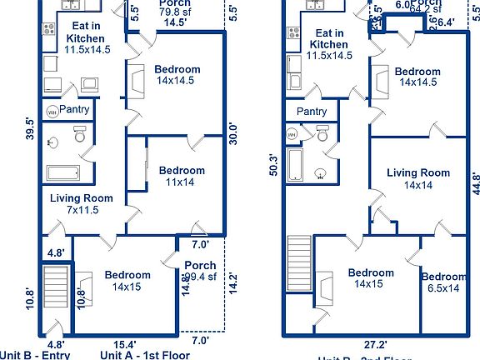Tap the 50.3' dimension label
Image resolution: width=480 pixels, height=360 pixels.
point(273,162)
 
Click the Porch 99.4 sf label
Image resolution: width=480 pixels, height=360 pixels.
point(199,271)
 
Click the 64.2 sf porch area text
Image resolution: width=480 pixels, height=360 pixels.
point(422,12)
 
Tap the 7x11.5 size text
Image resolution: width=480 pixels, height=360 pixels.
point(81,210)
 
